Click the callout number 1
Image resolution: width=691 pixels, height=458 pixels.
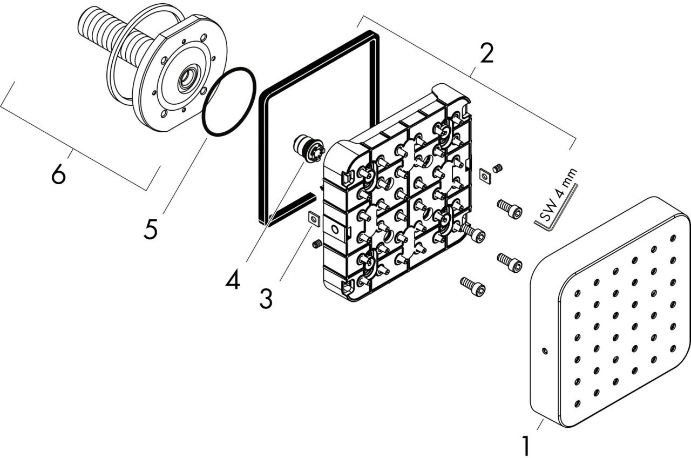click(525, 445)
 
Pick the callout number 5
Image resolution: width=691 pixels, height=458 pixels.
click(151, 229)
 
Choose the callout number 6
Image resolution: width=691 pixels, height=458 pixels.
click(58, 174)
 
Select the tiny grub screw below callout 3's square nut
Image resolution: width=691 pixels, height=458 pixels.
click(317, 245)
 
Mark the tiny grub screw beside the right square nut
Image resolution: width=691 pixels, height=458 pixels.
click(498, 168)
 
